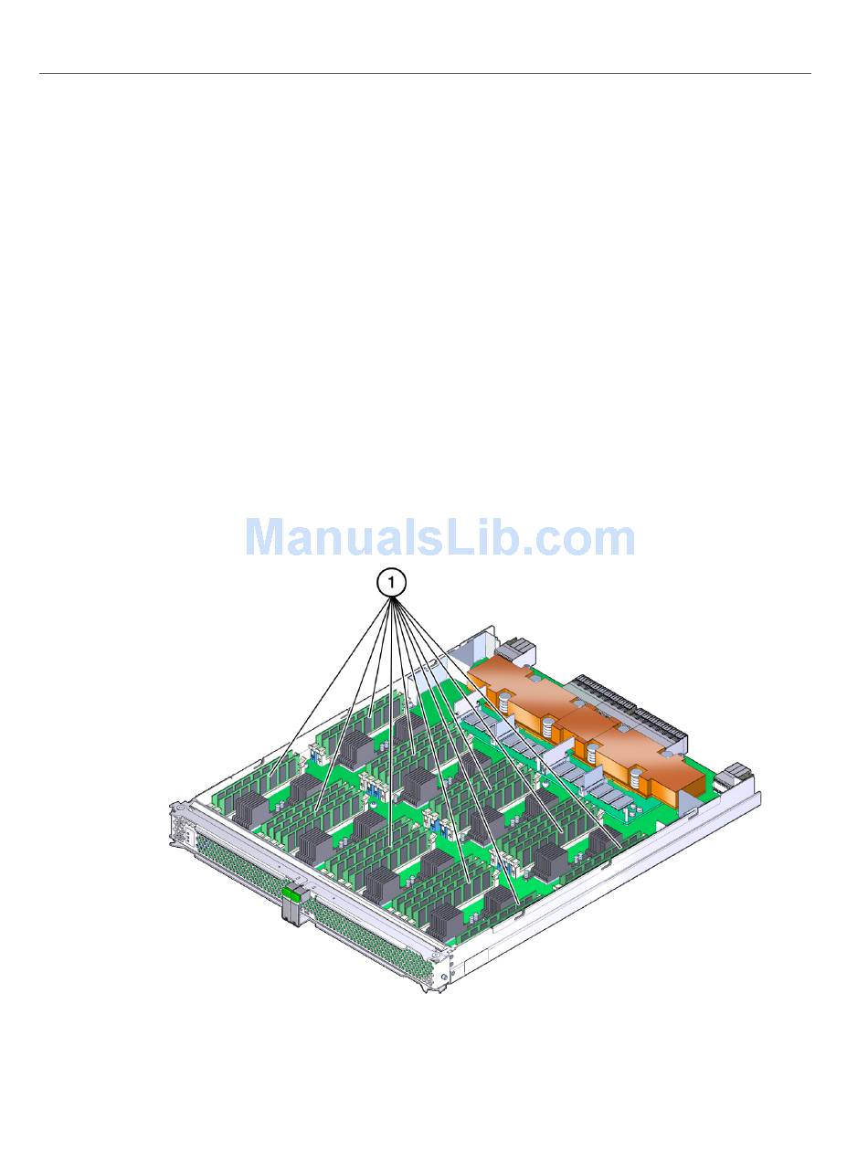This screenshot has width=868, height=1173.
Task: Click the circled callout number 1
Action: (391, 583)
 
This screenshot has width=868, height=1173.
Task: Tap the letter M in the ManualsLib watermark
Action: (267, 537)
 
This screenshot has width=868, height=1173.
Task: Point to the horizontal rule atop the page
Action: (425, 73)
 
